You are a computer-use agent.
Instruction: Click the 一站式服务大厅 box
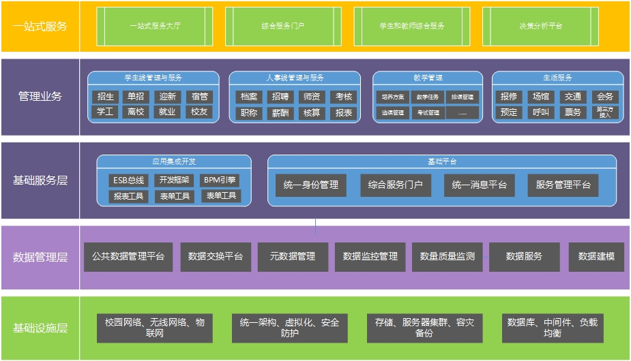point(154,26)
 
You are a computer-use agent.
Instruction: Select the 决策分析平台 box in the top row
point(541,26)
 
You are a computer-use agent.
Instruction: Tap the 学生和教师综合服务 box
point(412,26)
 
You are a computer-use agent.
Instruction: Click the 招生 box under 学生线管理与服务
point(106,97)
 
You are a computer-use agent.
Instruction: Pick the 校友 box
point(199,112)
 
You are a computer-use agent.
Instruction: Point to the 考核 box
point(344,97)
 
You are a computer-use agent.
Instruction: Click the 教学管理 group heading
point(428,78)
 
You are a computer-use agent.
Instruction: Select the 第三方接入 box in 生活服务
point(604,112)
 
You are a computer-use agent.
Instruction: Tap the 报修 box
point(509,97)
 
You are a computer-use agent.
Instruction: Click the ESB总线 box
point(128,180)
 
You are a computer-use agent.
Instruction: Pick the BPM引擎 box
point(220,180)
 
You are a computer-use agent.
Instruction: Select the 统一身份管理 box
point(310,185)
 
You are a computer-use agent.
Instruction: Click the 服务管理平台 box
point(563,185)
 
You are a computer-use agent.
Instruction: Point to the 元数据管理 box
point(293,257)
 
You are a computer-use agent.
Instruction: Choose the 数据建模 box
point(596,257)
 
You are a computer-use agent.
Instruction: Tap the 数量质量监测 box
point(447,257)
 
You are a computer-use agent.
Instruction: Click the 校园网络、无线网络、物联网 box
point(154,328)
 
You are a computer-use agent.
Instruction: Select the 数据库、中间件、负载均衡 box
point(553,328)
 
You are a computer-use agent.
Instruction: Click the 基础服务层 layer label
point(40,180)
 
